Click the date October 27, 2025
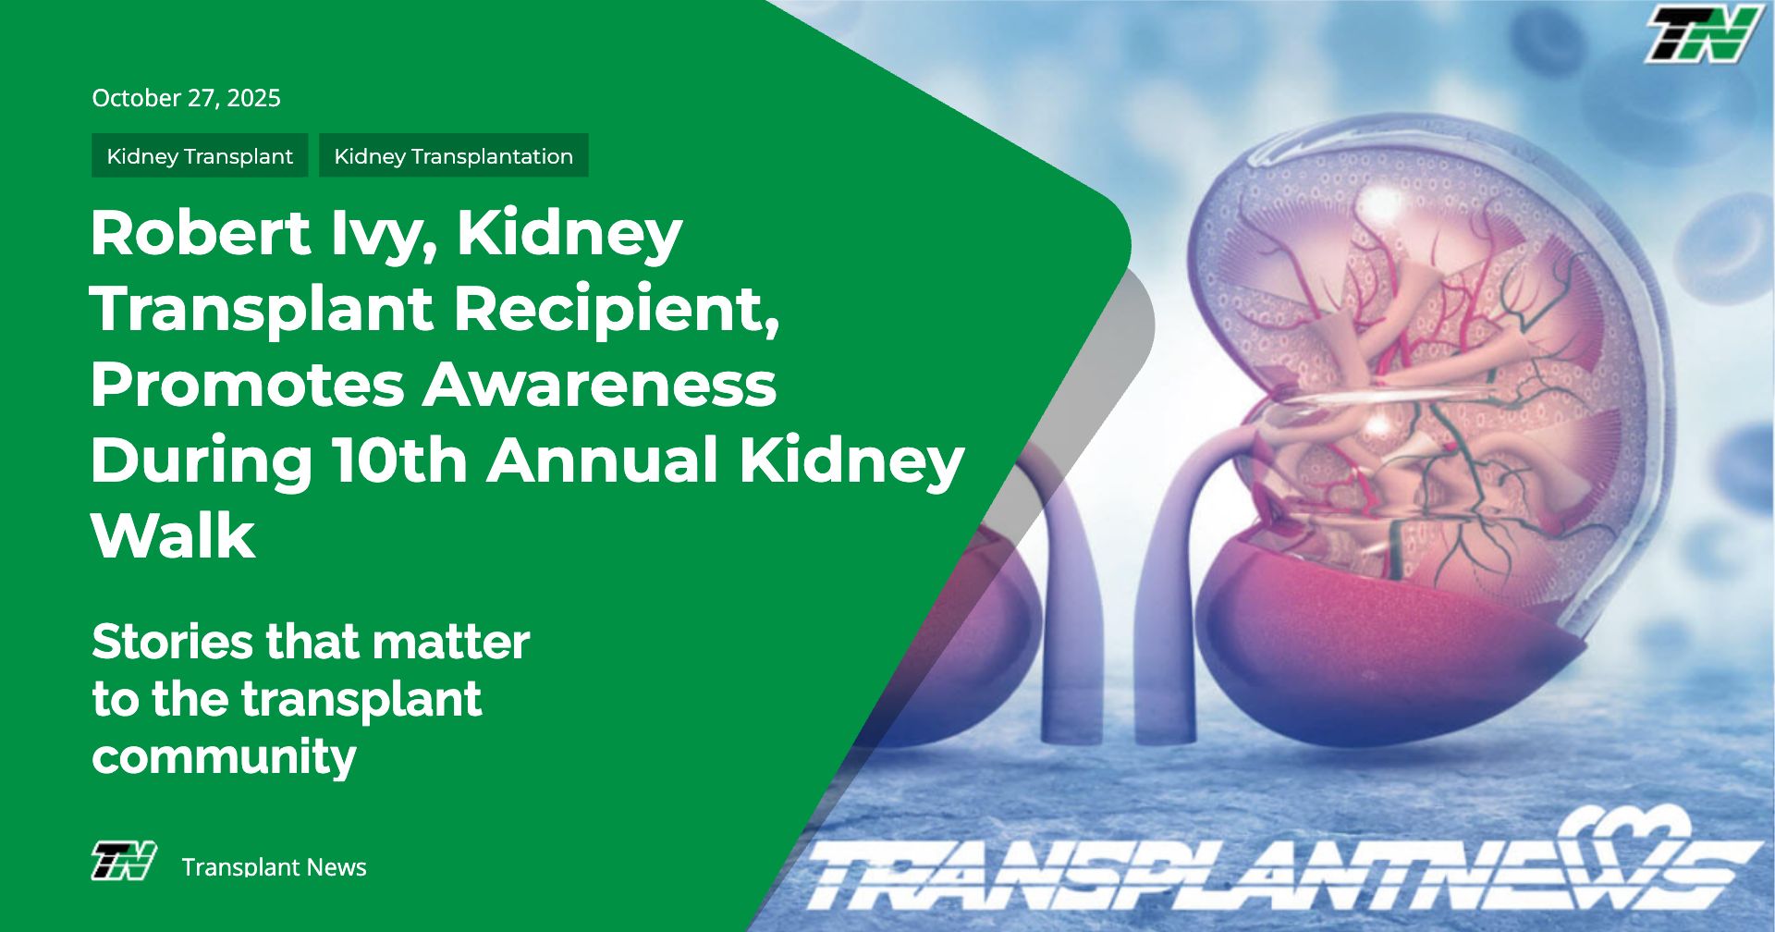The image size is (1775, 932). tap(186, 98)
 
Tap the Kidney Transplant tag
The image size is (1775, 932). tap(200, 155)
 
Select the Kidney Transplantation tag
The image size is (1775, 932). tap(454, 155)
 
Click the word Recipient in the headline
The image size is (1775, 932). tap(617, 310)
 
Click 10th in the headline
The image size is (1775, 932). tap(399, 460)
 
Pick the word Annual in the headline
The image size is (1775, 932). tap(603, 460)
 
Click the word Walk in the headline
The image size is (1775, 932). tap(173, 535)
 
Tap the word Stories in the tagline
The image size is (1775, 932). tap(173, 642)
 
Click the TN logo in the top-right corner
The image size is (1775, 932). tap(1702, 34)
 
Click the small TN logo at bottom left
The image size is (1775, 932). tap(123, 861)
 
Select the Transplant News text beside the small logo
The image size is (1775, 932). tap(274, 867)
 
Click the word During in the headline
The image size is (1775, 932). tap(202, 461)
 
